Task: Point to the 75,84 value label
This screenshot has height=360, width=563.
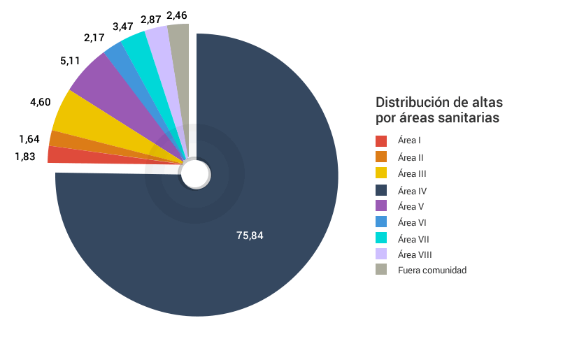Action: [x=250, y=236]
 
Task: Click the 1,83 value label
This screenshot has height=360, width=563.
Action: [x=24, y=157]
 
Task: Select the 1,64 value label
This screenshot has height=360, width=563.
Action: [x=29, y=138]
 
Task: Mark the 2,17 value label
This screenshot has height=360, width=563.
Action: [x=94, y=36]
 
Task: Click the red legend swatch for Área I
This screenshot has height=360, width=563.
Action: [x=381, y=141]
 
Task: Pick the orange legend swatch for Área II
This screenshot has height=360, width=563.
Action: [x=381, y=157]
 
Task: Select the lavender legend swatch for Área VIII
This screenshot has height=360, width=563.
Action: [x=381, y=254]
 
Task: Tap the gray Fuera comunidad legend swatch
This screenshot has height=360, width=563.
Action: [x=381, y=270]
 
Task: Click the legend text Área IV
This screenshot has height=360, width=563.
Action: [x=412, y=190]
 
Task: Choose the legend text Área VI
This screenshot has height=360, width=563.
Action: [x=412, y=222]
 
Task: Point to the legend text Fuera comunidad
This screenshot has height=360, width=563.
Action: [x=432, y=270]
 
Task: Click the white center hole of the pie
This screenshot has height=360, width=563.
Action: [x=195, y=174]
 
